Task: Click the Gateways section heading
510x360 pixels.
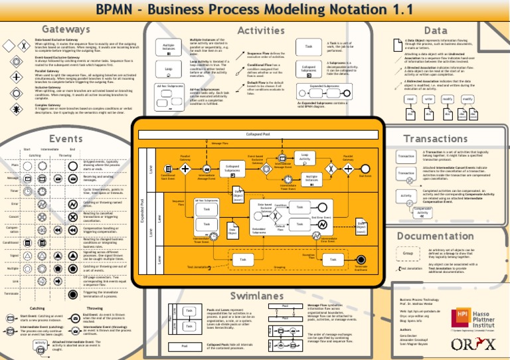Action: pyautogui.click(x=65, y=30)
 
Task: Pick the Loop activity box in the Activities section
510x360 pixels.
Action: pyautogui.click(x=169, y=68)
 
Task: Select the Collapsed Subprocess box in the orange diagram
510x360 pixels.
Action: pyautogui.click(x=232, y=169)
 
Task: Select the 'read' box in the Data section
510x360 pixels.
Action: pyautogui.click(x=411, y=99)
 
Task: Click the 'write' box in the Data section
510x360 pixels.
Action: pyautogui.click(x=429, y=99)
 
